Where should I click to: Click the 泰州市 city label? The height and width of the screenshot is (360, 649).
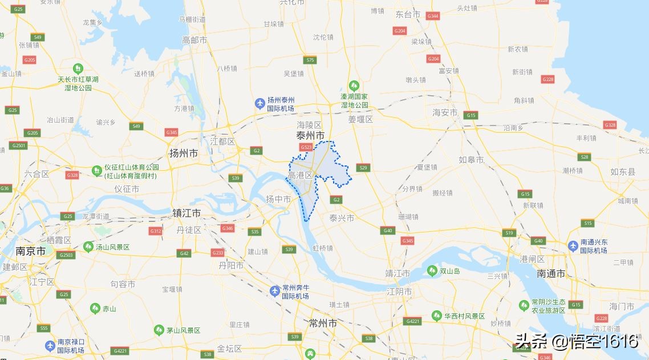[310, 136]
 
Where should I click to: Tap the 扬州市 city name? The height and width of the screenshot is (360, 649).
[184, 153]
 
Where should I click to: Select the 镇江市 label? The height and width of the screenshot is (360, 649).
[186, 213]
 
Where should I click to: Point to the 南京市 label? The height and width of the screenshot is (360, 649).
[30, 250]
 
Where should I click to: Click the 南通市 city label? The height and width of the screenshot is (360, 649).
[551, 274]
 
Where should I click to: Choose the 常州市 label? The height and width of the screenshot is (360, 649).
[322, 323]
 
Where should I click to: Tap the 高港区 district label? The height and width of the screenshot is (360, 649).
[300, 175]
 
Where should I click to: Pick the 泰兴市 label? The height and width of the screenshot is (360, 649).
[342, 218]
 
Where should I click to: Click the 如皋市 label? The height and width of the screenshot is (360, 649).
[471, 160]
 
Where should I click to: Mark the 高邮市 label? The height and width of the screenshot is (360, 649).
[194, 40]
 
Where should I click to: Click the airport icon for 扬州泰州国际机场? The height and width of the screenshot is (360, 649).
[260, 103]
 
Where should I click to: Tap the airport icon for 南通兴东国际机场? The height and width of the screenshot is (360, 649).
[573, 245]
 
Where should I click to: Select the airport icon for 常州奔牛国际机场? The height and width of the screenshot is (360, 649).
[275, 292]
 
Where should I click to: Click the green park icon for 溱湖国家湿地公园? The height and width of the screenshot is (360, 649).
[354, 86]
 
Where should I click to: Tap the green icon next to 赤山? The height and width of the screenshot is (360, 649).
[95, 309]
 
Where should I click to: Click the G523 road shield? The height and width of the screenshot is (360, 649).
[306, 148]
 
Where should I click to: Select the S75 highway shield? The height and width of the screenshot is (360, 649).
[310, 60]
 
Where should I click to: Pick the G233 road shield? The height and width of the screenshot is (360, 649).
[218, 253]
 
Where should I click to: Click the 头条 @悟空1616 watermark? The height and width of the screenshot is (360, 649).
[576, 341]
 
